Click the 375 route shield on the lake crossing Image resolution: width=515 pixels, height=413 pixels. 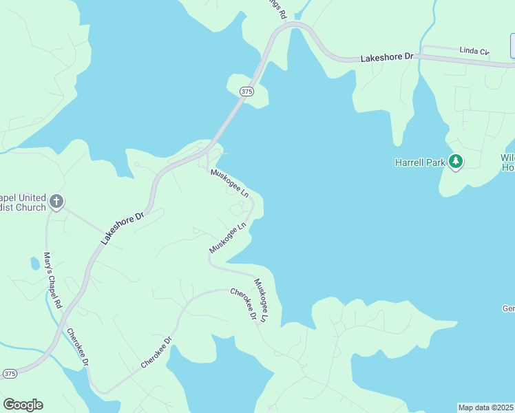247,92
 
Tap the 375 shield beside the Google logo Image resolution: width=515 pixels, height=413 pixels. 10,373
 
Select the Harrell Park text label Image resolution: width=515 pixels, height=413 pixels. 419,162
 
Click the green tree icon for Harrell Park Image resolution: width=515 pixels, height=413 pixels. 455,162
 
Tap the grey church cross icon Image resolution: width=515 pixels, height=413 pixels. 57,202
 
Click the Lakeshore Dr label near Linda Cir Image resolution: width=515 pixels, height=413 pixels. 386,59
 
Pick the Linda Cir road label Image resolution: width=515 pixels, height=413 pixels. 474,51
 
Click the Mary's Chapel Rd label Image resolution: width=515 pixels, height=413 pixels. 53,280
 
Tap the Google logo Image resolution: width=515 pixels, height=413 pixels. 23,405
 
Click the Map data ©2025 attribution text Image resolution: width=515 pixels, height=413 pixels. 485,407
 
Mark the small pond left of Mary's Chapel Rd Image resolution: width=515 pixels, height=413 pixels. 35,263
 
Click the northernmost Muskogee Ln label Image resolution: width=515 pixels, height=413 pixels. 229,182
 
